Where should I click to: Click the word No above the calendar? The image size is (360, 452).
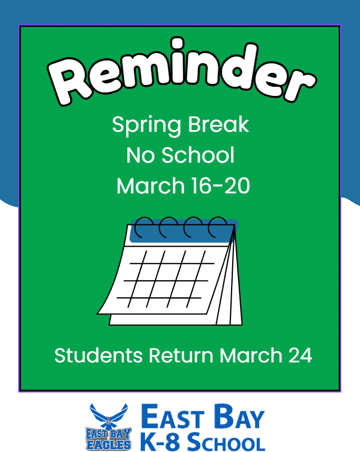click(x=139, y=155)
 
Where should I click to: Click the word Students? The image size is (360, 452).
click(x=99, y=356)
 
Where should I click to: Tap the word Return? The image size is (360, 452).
click(x=181, y=356)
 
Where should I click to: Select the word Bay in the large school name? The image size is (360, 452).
click(x=239, y=418)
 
